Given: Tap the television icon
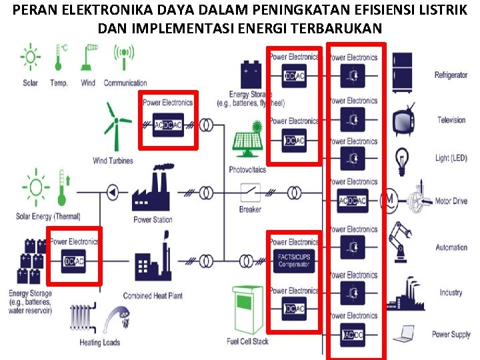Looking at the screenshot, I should point(404,120).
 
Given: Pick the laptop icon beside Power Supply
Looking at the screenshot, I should point(403,333).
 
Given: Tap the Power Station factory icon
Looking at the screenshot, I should point(152,191).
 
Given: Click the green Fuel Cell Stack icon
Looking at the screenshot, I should point(247,311).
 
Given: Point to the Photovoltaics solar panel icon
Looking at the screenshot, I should point(247,141).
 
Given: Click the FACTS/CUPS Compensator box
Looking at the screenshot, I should point(294,259).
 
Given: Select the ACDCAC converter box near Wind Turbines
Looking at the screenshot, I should point(168,125).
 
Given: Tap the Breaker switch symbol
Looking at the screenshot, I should point(251,193).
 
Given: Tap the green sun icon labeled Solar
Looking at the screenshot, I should point(30,58).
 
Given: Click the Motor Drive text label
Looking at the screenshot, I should point(451,201).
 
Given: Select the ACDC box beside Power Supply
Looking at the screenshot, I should point(353,334).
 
